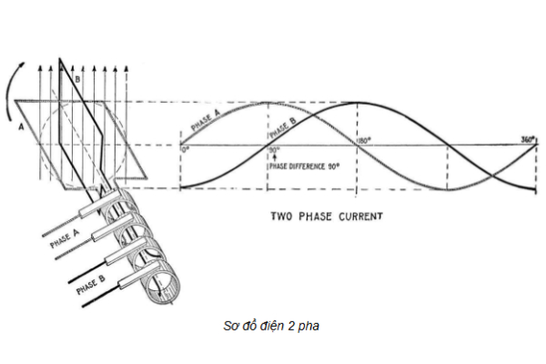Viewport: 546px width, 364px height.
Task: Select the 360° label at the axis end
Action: point(526,140)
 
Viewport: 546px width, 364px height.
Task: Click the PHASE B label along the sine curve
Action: point(282,128)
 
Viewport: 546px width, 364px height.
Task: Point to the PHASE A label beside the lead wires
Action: point(66,238)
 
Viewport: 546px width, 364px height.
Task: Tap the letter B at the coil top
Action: point(77,79)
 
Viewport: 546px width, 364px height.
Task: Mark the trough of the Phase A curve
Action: point(448,189)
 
